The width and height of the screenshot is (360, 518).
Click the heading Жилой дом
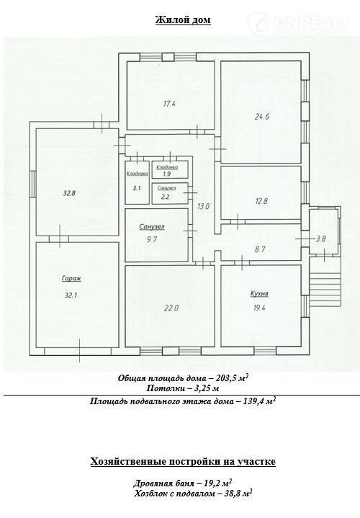pyautogui.click(x=183, y=20)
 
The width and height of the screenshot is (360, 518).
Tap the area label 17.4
pyautogui.click(x=169, y=104)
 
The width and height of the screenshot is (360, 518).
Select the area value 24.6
pyautogui.click(x=262, y=116)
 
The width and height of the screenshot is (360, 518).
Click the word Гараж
pyautogui.click(x=71, y=279)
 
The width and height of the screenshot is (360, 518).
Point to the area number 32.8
pyautogui.click(x=69, y=193)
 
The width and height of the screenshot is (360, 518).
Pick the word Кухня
pyautogui.click(x=259, y=294)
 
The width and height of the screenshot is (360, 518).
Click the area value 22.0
pyautogui.click(x=171, y=308)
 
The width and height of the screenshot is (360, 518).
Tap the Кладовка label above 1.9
pyautogui.click(x=167, y=167)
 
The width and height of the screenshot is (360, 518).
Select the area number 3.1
pyautogui.click(x=137, y=188)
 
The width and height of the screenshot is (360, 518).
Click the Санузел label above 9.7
pyautogui.click(x=152, y=227)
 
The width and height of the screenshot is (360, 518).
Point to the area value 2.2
pyautogui.click(x=165, y=197)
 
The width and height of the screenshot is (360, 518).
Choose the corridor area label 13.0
pyautogui.click(x=203, y=207)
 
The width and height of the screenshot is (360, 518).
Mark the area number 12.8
pyautogui.click(x=261, y=201)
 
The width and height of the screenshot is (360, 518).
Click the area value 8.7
pyautogui.click(x=260, y=249)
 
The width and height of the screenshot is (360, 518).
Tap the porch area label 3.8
pyautogui.click(x=320, y=239)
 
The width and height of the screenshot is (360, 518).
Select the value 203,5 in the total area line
pyautogui.click(x=228, y=378)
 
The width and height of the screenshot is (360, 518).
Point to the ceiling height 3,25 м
pyautogui.click(x=205, y=388)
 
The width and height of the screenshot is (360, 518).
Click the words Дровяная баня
pyautogui.click(x=164, y=483)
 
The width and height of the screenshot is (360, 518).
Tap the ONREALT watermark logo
pyautogui.click(x=299, y=22)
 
